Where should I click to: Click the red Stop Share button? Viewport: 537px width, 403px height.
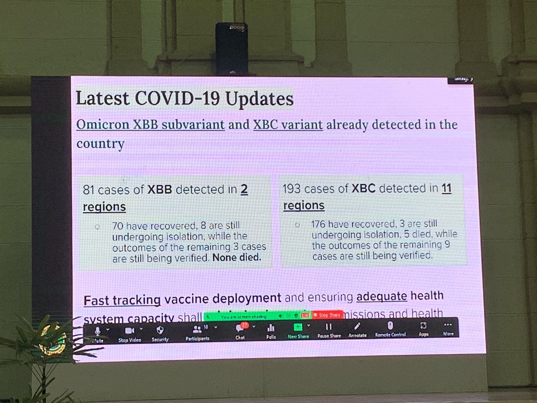(x=327, y=316)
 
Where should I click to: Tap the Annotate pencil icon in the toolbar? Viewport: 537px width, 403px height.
(x=357, y=327)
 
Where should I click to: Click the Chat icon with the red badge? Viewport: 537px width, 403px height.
(x=240, y=328)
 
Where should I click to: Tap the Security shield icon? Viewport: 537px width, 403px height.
(x=159, y=330)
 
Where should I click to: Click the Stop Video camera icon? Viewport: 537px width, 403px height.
(x=129, y=330)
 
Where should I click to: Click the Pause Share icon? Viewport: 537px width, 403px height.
(x=328, y=327)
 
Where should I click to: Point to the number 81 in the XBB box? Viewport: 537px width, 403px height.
(x=89, y=190)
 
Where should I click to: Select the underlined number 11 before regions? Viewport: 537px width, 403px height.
(x=446, y=189)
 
